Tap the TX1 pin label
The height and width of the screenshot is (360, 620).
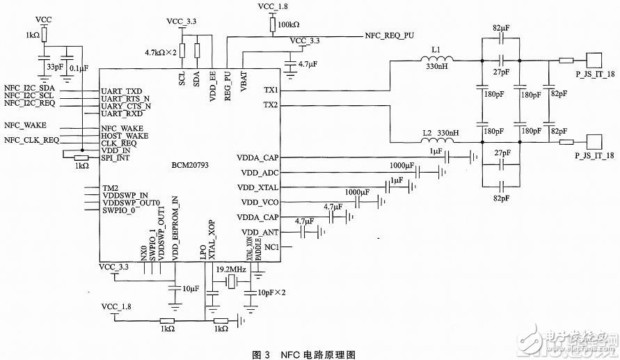[x=270, y=91]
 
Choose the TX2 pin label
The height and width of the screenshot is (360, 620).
[x=270, y=104]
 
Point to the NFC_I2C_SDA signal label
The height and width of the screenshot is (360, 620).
[x=30, y=87]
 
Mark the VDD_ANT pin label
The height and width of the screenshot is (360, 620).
[x=260, y=232]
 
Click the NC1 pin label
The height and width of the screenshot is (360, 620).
[x=271, y=246]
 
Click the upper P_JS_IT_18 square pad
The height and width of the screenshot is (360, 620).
[x=594, y=60]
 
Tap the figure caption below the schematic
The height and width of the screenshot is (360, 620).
[x=310, y=354]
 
